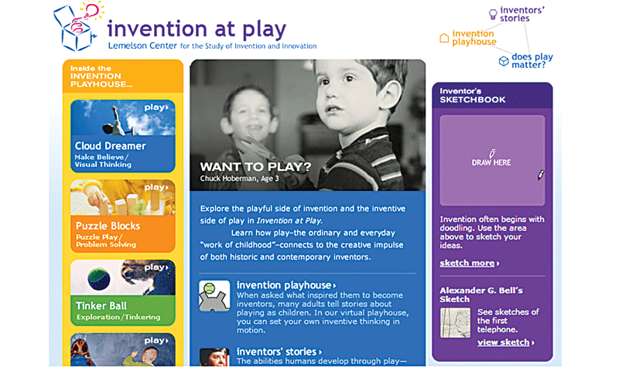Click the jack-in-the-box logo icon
(x=77, y=28)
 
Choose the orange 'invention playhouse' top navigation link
(x=474, y=37)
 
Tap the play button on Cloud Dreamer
(x=156, y=107)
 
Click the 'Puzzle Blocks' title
(x=108, y=226)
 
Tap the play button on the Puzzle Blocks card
(x=156, y=187)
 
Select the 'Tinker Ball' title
(x=101, y=305)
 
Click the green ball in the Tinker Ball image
(x=98, y=278)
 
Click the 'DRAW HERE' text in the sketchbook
(x=491, y=162)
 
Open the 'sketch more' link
(x=469, y=263)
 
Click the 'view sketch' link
(x=504, y=342)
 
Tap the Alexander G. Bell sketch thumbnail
(x=455, y=322)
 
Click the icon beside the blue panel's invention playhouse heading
(x=214, y=295)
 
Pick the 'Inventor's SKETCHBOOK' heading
(x=473, y=96)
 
